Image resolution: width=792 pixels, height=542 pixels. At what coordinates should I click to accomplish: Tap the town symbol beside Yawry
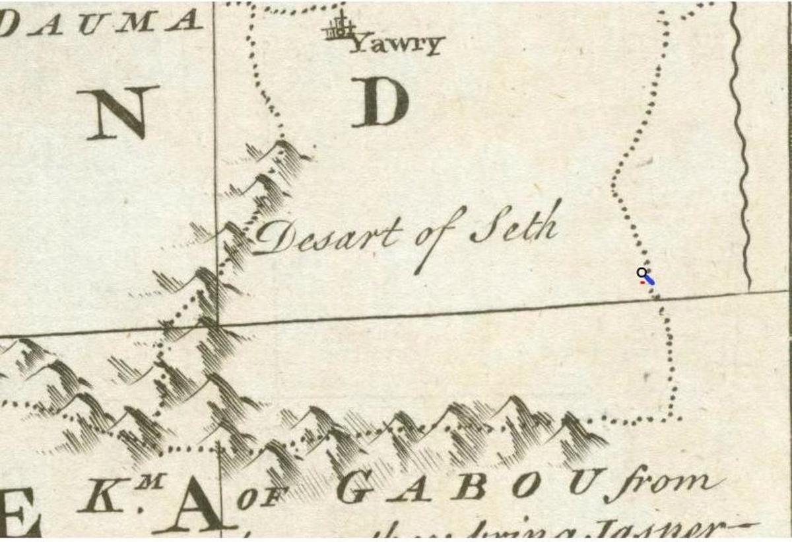[x=339, y=28]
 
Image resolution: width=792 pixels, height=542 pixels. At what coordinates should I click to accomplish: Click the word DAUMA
[x=99, y=22]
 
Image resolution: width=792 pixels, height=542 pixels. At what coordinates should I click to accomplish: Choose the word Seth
[x=514, y=228]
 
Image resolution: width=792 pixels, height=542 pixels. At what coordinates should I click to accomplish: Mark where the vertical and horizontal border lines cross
[x=216, y=325]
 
